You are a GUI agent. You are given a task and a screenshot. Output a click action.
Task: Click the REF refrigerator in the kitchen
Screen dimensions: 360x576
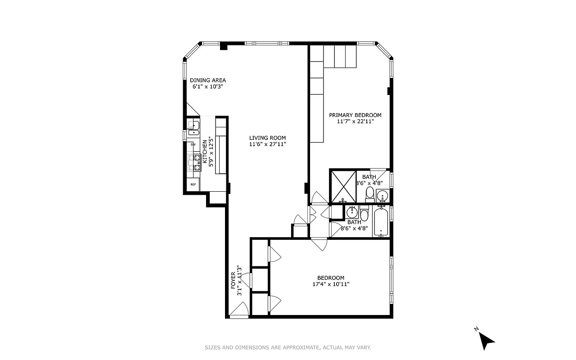click(193, 184)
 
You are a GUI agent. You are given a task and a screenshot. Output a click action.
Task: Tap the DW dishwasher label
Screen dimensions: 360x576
click(193, 144)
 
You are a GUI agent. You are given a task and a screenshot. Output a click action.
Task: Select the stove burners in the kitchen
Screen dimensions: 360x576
click(194, 162)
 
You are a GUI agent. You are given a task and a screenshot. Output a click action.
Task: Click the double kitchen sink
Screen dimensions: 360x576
click(194, 128)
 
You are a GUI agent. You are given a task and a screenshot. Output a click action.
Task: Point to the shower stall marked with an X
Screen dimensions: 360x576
click(343, 186)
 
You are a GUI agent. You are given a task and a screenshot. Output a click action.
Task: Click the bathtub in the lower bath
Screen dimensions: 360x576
click(381, 221)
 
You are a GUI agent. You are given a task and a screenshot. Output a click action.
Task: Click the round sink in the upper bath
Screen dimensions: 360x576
click(382, 196)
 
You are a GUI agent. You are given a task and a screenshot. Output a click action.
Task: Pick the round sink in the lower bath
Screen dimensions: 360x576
click(351, 211)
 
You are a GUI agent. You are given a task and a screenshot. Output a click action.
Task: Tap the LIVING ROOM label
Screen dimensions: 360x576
click(268, 138)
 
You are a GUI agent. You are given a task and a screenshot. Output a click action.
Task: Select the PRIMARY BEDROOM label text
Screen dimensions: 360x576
click(355, 115)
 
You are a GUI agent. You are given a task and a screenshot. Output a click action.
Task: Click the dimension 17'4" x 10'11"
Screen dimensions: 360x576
click(331, 284)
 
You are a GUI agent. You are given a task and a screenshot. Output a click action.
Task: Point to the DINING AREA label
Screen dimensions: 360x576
click(207, 80)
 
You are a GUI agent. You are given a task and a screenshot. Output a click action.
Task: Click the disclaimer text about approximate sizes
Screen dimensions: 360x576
click(288, 347)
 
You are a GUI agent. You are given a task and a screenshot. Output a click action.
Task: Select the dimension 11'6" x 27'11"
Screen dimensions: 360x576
click(268, 144)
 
